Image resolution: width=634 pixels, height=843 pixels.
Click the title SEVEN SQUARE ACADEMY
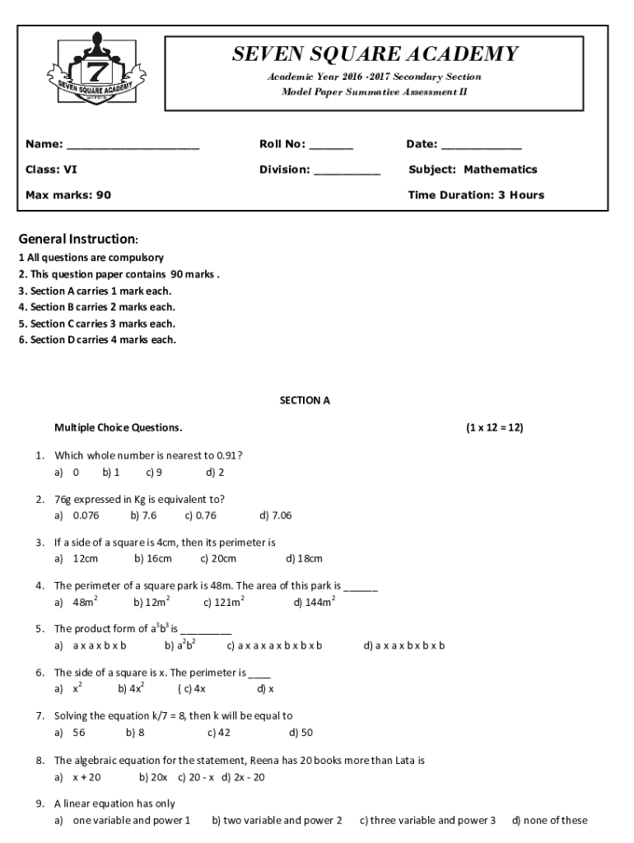[375, 54]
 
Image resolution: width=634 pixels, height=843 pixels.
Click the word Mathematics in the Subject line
[500, 170]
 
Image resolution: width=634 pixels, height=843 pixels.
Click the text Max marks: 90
[68, 195]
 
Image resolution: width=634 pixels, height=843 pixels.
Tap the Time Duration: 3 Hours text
[476, 195]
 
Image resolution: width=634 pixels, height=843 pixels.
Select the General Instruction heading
[78, 240]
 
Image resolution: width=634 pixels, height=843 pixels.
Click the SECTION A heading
[305, 401]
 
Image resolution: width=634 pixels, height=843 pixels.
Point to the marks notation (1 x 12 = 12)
[494, 428]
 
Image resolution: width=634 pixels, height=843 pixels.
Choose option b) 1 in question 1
[111, 473]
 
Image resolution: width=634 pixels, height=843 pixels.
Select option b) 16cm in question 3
[153, 560]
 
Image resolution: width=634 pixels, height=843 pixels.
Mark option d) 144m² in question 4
[315, 603]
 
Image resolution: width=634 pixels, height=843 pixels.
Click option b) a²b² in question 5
[179, 645]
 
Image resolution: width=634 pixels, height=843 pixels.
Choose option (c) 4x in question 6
[192, 689]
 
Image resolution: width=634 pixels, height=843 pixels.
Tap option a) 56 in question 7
[70, 733]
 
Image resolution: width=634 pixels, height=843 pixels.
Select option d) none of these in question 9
[549, 821]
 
